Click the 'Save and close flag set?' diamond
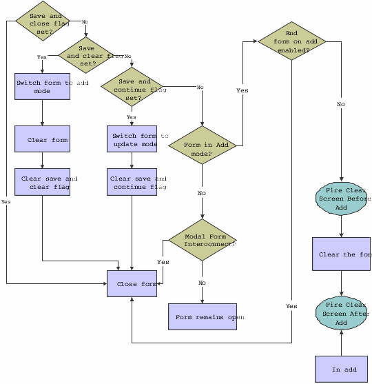click(x=45, y=21)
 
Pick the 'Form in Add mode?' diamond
click(x=203, y=145)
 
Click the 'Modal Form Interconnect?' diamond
click(x=203, y=241)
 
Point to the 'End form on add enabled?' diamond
click(x=292, y=41)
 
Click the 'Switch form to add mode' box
click(x=43, y=87)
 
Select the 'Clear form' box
click(x=43, y=139)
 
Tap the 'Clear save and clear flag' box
click(x=43, y=182)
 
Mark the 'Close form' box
click(x=132, y=284)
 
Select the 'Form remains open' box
click(x=203, y=317)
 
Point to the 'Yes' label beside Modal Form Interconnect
click(x=163, y=262)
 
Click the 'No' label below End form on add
click(x=341, y=104)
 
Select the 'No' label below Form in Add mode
click(x=202, y=193)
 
